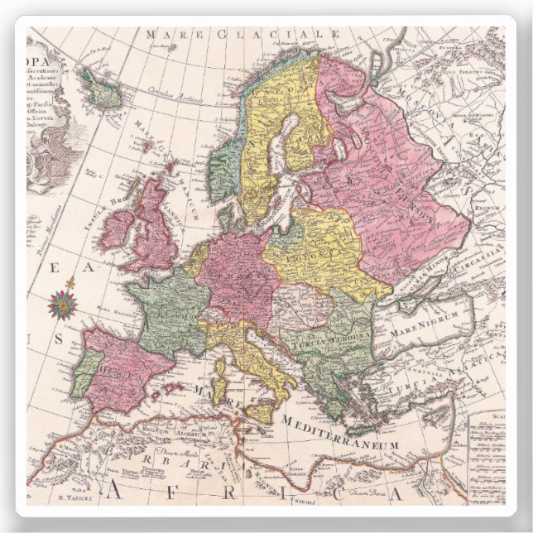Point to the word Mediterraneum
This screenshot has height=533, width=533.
coord(347,434)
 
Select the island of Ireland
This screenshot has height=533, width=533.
coord(118,226)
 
